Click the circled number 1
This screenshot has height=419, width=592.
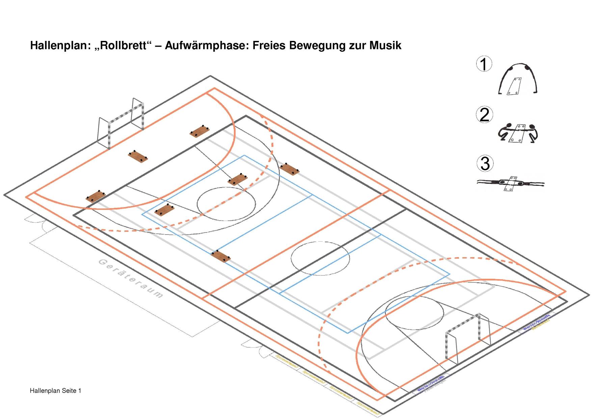click(484, 64)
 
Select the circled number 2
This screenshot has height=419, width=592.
click(484, 115)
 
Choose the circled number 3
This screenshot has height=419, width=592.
click(484, 164)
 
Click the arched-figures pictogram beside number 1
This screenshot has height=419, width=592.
click(517, 79)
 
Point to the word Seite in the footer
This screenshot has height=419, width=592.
click(70, 391)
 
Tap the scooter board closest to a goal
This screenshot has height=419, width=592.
click(138, 157)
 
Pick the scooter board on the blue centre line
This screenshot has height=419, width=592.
click(220, 256)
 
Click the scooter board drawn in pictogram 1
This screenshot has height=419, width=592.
click(514, 86)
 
